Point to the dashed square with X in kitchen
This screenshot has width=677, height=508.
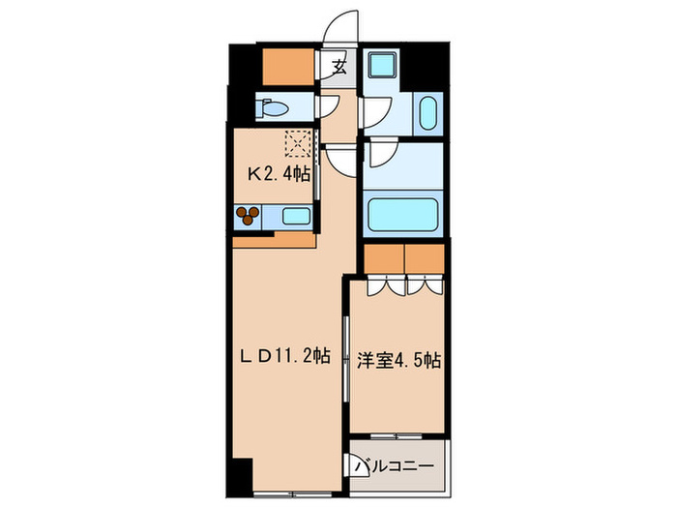(x=297, y=145)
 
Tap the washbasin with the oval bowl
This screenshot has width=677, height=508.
(x=427, y=115)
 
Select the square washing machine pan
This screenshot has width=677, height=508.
(x=382, y=68)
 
